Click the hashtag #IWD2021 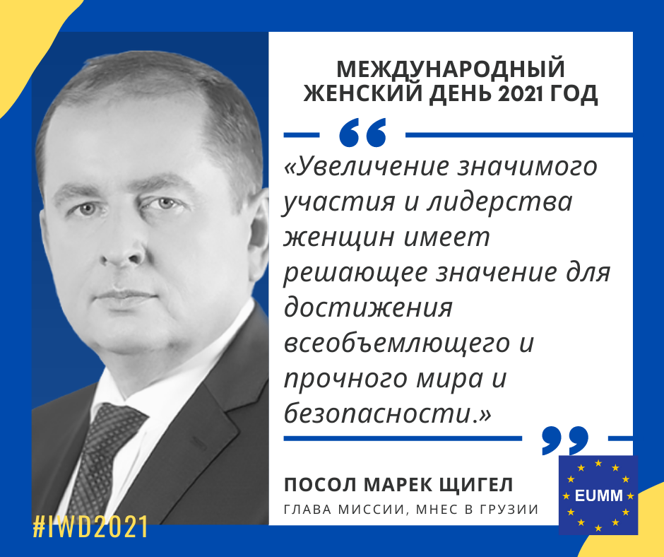point(90,527)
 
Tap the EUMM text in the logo point(598,496)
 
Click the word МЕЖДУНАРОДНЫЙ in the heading point(451,69)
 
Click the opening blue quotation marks point(363,133)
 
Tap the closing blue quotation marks point(565,440)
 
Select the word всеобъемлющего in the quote point(397,344)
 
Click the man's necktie point(101,457)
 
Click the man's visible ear point(258,235)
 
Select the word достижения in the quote point(368,309)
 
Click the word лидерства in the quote point(499,201)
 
